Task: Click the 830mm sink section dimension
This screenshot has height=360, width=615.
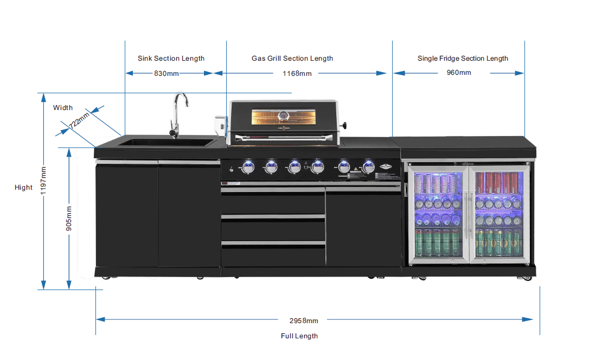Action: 166,73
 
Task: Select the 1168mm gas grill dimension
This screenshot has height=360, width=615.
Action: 297,73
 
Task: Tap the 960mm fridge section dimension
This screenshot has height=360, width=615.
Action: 459,73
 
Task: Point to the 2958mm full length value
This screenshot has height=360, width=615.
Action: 304,320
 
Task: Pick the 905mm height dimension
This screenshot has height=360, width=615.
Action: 69,218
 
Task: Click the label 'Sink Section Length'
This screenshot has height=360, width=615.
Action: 171,59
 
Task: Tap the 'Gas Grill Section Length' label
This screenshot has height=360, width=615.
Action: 292,59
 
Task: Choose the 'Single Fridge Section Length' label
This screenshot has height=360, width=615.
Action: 463,59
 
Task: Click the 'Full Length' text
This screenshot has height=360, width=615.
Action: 299,336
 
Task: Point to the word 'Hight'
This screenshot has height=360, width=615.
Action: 23,188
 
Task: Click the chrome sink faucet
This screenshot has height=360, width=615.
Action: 177,114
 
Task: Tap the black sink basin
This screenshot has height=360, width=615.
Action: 166,143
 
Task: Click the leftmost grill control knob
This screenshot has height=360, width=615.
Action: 248,167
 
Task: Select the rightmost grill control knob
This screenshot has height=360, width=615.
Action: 369,167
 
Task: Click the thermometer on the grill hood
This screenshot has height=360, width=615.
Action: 283,115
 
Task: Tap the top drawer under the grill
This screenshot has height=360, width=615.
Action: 273,201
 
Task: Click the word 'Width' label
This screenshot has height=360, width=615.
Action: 63,108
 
